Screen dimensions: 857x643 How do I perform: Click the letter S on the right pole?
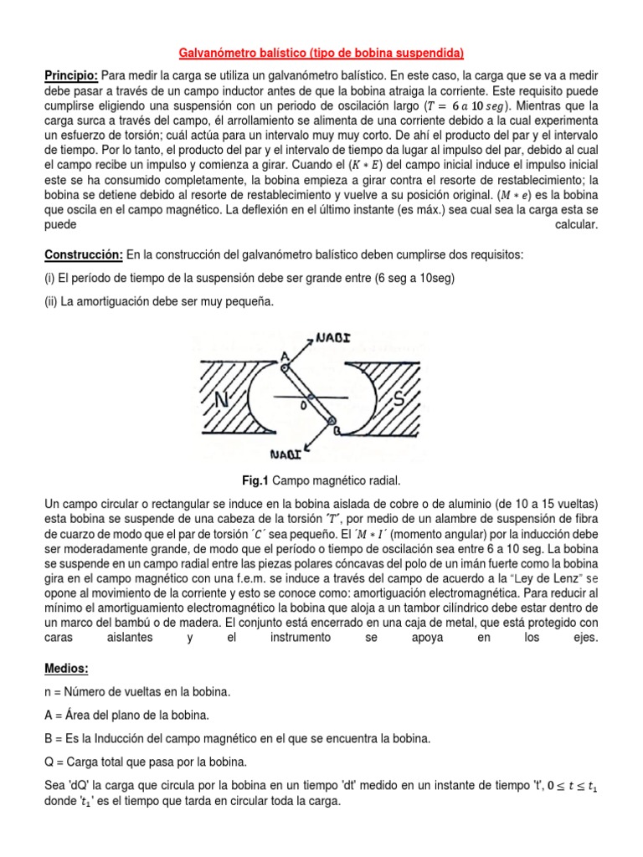[398, 399]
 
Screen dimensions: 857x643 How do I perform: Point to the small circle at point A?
[286, 365]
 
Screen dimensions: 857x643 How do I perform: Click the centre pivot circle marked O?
[309, 396]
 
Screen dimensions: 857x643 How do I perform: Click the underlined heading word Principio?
[71, 76]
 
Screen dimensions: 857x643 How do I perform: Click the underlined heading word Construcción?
[83, 254]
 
